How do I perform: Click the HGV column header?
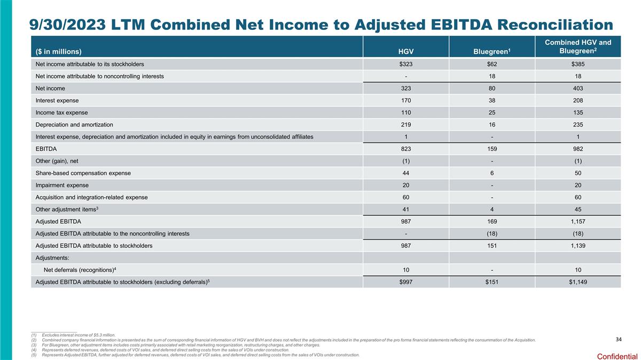click(406, 51)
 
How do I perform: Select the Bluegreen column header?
click(491, 51)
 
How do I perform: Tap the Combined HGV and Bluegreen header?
click(577, 46)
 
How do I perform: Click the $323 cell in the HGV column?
click(406, 64)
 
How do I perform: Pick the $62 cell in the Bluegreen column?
click(491, 64)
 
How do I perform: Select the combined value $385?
click(577, 64)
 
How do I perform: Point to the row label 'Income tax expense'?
click(61, 113)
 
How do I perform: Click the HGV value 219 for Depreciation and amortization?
click(406, 124)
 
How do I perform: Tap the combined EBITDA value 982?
click(577, 149)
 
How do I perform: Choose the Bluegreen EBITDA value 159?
click(491, 149)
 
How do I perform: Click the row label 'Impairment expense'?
click(60, 185)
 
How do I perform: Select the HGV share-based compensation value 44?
click(406, 173)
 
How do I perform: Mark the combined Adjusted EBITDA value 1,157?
click(577, 221)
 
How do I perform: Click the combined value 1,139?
click(577, 246)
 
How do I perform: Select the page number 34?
click(619, 340)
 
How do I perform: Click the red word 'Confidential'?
click(617, 356)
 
